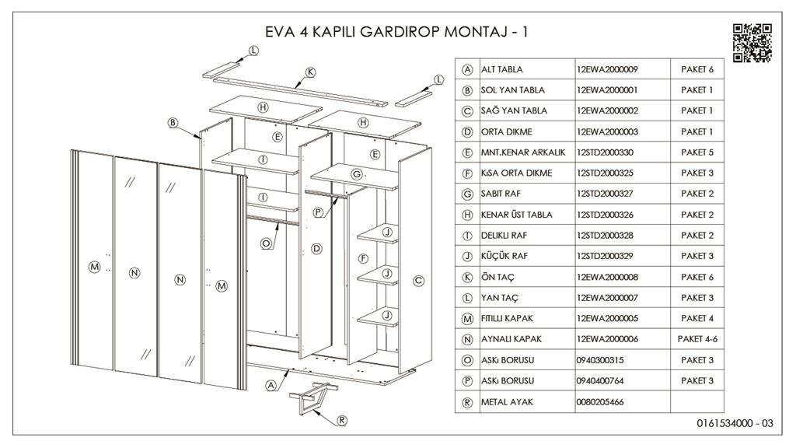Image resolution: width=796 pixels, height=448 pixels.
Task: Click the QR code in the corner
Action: pyautogui.click(x=752, y=43)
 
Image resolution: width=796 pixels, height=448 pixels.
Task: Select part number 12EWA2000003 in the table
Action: pyautogui.click(x=607, y=131)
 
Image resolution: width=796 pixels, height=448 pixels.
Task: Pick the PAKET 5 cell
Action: pyautogui.click(x=696, y=152)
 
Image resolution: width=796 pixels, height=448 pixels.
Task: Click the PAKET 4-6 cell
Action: pyautogui.click(x=696, y=339)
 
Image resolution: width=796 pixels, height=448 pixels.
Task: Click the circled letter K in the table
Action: pyautogui.click(x=467, y=277)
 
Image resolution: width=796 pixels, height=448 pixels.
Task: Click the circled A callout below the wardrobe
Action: pyautogui.click(x=271, y=385)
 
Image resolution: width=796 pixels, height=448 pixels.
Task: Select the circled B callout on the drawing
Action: pyautogui.click(x=173, y=122)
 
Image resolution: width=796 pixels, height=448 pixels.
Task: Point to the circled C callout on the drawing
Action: pyautogui.click(x=418, y=281)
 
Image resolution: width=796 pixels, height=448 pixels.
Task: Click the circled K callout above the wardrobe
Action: pyautogui.click(x=310, y=72)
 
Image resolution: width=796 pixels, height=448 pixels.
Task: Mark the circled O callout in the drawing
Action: pyautogui.click(x=266, y=243)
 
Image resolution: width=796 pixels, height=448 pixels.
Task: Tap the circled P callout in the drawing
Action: pyautogui.click(x=318, y=212)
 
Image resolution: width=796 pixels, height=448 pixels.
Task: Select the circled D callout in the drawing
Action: pyautogui.click(x=316, y=249)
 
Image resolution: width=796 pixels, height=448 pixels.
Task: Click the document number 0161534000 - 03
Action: pyautogui.click(x=735, y=424)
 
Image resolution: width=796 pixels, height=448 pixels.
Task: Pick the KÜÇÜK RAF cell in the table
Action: pyautogui.click(x=504, y=256)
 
